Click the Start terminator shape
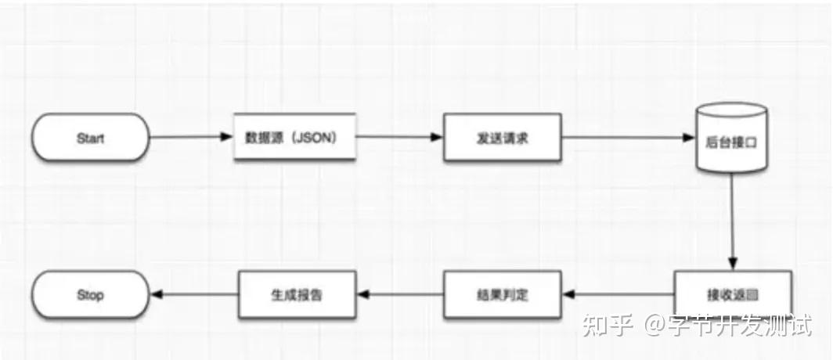click(x=90, y=139)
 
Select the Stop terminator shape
click(x=90, y=295)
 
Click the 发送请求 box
click(x=503, y=139)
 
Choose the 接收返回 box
click(x=732, y=295)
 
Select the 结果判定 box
click(x=503, y=295)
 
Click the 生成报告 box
click(x=297, y=295)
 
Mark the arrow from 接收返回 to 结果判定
click(x=618, y=295)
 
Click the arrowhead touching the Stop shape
click(x=154, y=295)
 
